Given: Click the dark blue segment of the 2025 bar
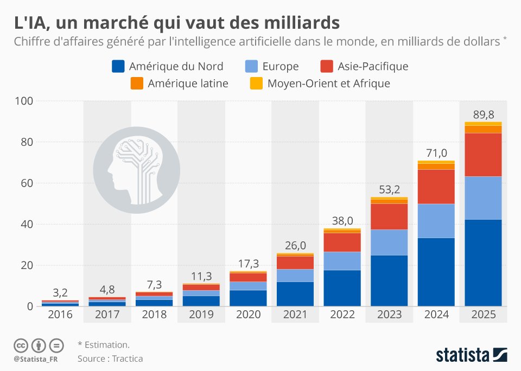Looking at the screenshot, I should click(x=483, y=263).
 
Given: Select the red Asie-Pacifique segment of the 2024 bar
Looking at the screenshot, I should click(x=436, y=186).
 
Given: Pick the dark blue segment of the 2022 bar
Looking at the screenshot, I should click(x=342, y=288).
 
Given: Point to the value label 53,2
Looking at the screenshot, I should click(x=389, y=189).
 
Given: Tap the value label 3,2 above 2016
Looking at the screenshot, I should click(x=60, y=293).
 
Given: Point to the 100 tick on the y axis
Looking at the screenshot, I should click(x=25, y=101).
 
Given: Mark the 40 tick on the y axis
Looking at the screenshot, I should click(x=27, y=225).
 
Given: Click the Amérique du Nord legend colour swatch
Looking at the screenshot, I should click(x=118, y=67).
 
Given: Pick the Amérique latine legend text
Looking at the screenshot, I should click(x=188, y=84).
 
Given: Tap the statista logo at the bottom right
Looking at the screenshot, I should click(x=471, y=355).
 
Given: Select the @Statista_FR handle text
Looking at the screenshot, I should click(x=37, y=359).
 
